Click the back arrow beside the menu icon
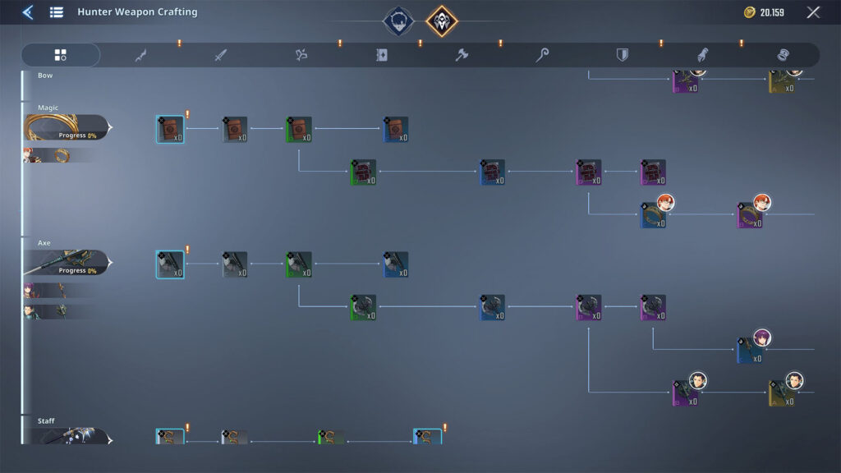pos(27,12)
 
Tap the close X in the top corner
pos(813,12)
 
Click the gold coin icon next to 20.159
pos(749,12)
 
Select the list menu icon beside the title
pos(56,12)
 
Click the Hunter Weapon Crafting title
pos(137,12)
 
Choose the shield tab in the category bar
pos(623,55)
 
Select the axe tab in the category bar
pos(462,55)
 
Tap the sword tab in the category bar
pos(220,55)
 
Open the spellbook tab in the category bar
pos(381,55)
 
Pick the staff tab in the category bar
pos(542,55)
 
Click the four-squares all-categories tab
pos(60,55)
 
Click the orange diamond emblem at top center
pos(442,21)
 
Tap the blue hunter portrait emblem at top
pos(398,21)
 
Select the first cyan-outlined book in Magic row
pos(170,129)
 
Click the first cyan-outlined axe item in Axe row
pos(170,264)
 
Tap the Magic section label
pos(48,108)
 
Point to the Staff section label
pos(46,421)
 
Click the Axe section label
pos(44,243)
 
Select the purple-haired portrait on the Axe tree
pos(763,338)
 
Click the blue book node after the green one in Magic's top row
pos(395,129)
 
